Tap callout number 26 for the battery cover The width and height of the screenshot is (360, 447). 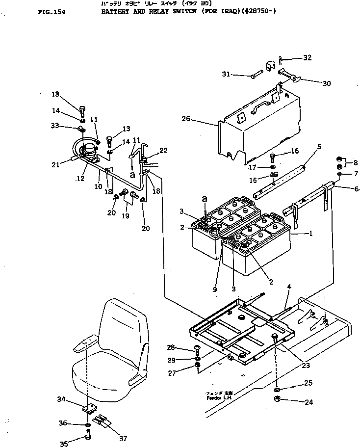(185, 118)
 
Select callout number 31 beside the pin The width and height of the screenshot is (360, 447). (226, 75)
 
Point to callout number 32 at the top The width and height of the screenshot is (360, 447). (307, 57)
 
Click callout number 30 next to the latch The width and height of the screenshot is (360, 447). (326, 83)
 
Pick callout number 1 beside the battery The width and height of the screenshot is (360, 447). (310, 234)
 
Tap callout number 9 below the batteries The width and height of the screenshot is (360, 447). (214, 290)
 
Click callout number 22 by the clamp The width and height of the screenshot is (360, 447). (163, 150)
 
